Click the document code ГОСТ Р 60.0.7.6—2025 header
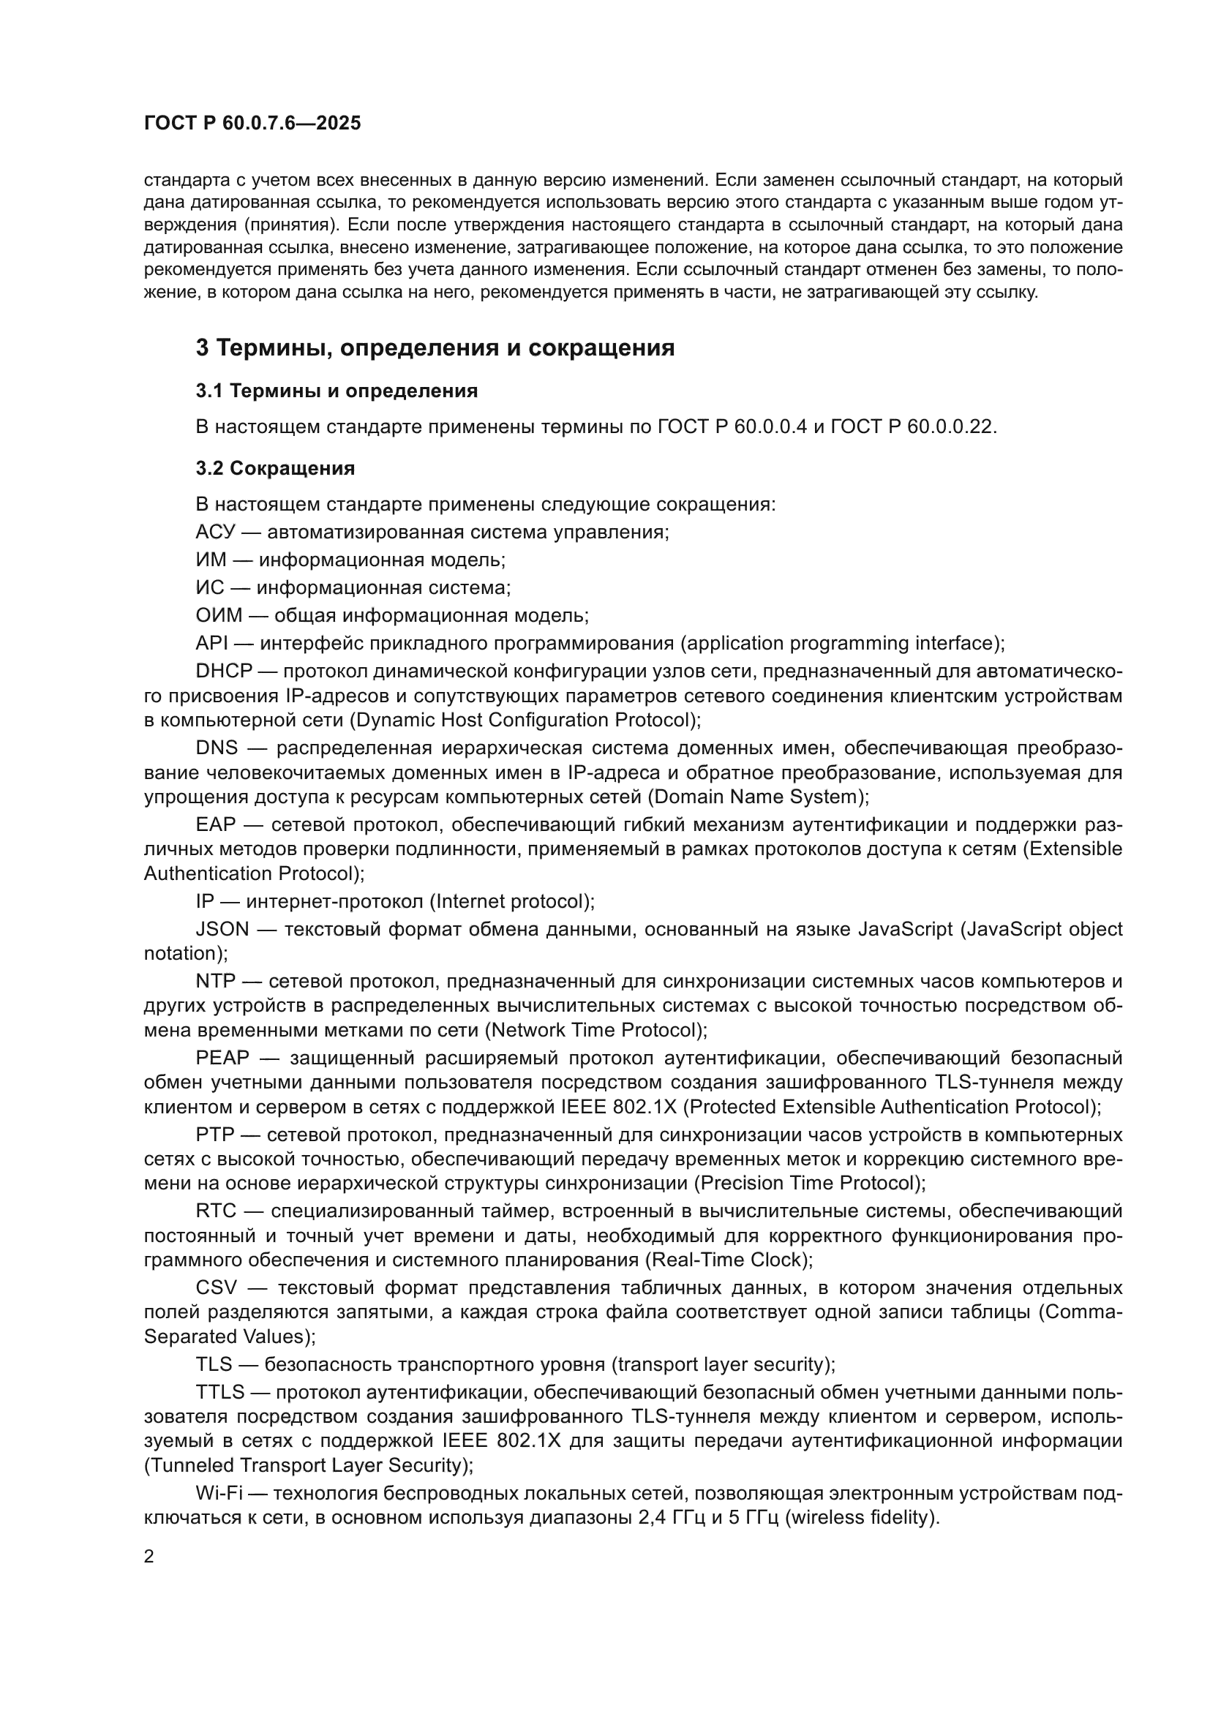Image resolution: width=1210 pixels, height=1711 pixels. coord(252,123)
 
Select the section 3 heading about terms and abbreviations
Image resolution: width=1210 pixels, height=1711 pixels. coord(435,348)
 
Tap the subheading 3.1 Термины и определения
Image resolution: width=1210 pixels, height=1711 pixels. coord(336,391)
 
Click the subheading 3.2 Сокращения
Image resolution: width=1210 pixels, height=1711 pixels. coord(275,468)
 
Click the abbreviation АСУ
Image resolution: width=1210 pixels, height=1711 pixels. coord(214,532)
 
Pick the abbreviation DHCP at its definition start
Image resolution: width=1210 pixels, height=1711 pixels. coord(225,671)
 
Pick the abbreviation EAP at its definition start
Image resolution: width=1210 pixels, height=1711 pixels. coord(215,825)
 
